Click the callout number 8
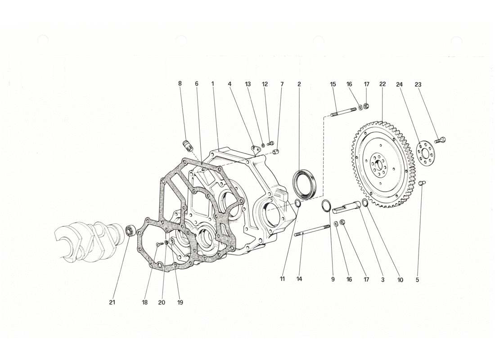click(x=180, y=84)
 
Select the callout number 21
click(x=112, y=302)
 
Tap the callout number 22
click(x=382, y=84)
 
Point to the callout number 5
click(x=417, y=279)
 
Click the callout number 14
click(x=299, y=279)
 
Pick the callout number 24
click(x=399, y=84)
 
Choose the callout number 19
click(x=180, y=302)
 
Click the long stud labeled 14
click(x=312, y=230)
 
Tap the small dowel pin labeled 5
click(x=423, y=183)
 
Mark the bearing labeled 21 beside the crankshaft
click(x=130, y=230)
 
